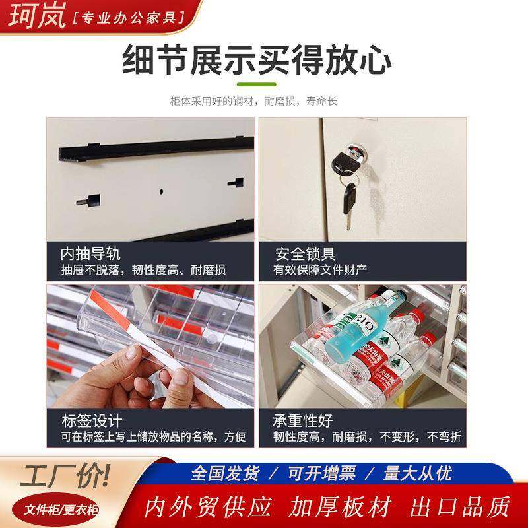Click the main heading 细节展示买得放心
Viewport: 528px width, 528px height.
tap(257, 61)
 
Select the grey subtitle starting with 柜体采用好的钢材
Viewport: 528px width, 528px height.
tap(253, 102)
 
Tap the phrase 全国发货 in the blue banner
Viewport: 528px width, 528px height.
tap(225, 473)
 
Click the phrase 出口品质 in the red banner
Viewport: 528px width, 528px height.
tap(460, 507)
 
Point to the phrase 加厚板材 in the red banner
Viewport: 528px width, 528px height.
tap(341, 507)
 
